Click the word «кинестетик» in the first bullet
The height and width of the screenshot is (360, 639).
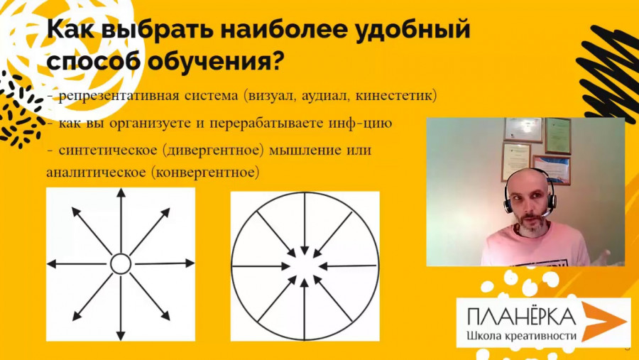(396, 96)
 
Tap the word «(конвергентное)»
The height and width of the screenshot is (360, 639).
(205, 173)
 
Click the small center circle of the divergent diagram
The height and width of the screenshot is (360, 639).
(121, 263)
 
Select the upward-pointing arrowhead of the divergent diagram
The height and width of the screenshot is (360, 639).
(121, 193)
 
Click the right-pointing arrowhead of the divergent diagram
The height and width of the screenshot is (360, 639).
(190, 263)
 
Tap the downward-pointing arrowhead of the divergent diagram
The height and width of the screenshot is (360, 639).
(121, 336)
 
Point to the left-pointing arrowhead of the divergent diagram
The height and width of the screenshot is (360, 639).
(51, 263)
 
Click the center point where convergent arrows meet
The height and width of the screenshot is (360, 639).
(305, 266)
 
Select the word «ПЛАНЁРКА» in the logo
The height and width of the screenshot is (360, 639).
(522, 317)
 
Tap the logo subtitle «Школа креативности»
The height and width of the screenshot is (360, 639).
(522, 336)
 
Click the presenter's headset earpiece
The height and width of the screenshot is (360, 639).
(508, 202)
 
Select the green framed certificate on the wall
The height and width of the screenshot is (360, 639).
(558, 136)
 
